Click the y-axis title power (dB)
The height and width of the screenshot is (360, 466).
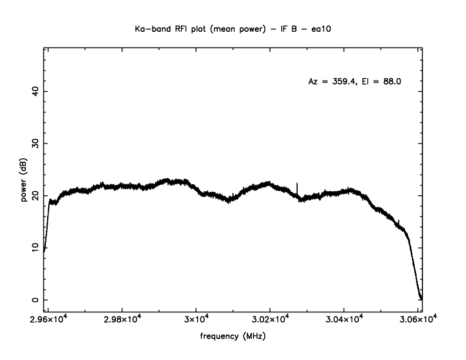24,181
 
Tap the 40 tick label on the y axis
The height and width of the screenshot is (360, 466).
35,91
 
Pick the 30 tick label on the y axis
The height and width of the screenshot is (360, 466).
35,144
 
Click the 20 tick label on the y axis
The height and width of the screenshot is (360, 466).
35,195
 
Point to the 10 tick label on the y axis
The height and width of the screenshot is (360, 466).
35,248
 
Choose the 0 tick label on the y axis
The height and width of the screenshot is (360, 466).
35,300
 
